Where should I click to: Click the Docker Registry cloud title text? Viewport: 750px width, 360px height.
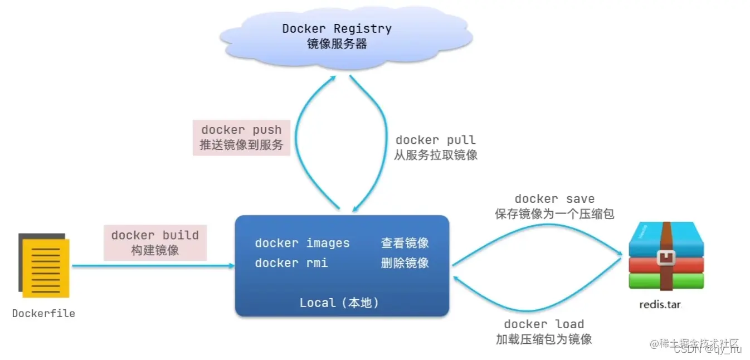click(337, 28)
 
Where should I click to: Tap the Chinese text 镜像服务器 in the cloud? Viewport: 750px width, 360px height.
click(337, 44)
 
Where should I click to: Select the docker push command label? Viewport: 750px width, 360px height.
click(241, 130)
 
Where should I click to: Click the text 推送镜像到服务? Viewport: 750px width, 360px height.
click(241, 145)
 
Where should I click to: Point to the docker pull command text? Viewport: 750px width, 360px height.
click(435, 140)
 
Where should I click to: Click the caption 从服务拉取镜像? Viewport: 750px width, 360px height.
click(435, 155)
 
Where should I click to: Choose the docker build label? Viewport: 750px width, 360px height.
click(155, 235)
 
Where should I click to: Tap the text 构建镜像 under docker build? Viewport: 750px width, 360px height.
click(155, 250)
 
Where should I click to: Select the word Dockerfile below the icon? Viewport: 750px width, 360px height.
click(43, 313)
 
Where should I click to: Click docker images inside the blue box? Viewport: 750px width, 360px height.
click(302, 243)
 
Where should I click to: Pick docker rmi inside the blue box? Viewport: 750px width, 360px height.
click(291, 263)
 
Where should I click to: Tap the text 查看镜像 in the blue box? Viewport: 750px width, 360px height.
click(405, 243)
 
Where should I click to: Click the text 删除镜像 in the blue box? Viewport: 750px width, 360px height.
click(405, 263)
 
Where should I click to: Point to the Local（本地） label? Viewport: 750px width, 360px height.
click(339, 303)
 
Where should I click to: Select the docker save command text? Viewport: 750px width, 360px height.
click(554, 199)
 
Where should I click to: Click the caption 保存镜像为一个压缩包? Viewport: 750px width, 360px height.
click(554, 214)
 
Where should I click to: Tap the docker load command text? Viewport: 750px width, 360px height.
click(543, 324)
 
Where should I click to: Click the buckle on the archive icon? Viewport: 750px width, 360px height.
click(666, 257)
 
